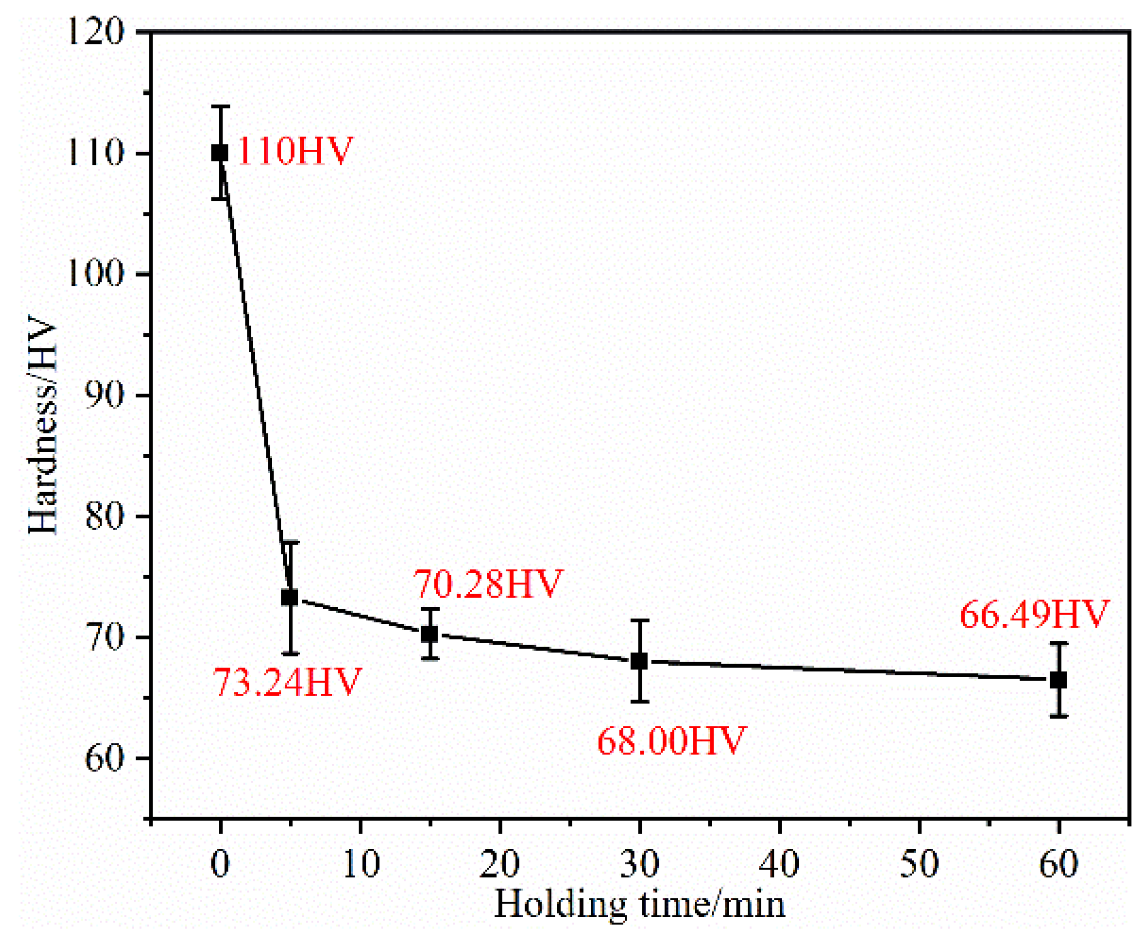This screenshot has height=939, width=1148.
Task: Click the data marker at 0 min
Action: [220, 153]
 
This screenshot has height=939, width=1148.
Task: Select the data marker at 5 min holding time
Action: [290, 598]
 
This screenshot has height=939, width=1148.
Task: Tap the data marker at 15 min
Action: [430, 634]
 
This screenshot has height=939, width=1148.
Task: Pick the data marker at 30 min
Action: [639, 661]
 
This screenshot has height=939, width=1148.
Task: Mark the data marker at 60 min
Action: [1058, 680]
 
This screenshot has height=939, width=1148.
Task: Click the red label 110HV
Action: [295, 151]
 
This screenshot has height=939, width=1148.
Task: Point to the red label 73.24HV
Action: [287, 682]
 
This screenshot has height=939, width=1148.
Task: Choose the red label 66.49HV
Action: [1035, 614]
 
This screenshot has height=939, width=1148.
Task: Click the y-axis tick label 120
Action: [95, 33]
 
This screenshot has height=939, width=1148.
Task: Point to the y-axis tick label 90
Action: [104, 396]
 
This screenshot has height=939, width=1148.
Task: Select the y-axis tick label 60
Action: [104, 759]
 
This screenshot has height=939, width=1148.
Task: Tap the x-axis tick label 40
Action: [779, 864]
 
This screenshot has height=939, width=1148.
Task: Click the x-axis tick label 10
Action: [360, 864]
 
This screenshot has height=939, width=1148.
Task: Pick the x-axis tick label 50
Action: [919, 864]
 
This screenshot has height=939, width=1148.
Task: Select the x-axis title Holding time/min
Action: [639, 905]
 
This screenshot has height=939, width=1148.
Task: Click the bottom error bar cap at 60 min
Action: [1058, 716]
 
